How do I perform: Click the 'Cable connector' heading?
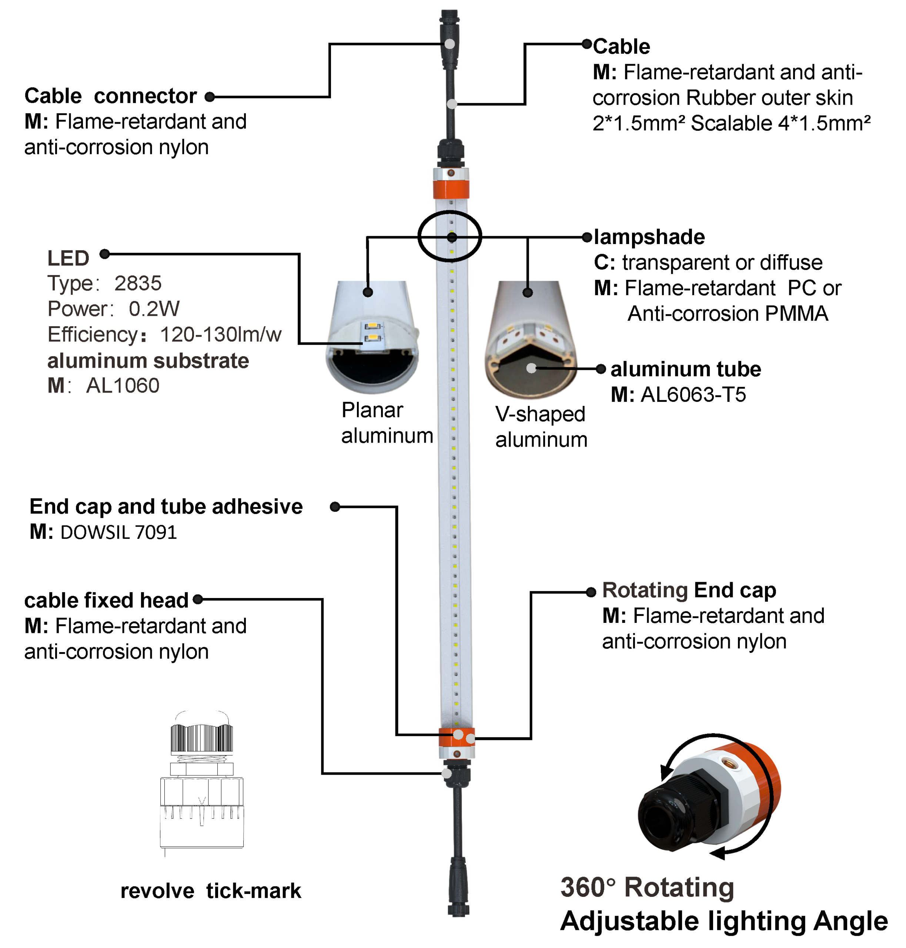coord(111,96)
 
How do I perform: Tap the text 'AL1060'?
coord(123,385)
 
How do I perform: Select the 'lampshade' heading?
coord(649,237)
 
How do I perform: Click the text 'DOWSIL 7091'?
coord(119,532)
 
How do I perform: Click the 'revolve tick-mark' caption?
coord(211,891)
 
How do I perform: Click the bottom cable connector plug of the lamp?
coord(458,886)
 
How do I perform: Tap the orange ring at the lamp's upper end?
coord(451,189)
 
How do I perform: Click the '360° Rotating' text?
coord(647,887)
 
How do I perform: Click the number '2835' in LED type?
coord(138,284)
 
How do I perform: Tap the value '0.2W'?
coord(154,309)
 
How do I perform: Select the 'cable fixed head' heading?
coord(106,600)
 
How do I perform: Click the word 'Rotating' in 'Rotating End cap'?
coord(645,590)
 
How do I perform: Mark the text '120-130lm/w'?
coord(220,335)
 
